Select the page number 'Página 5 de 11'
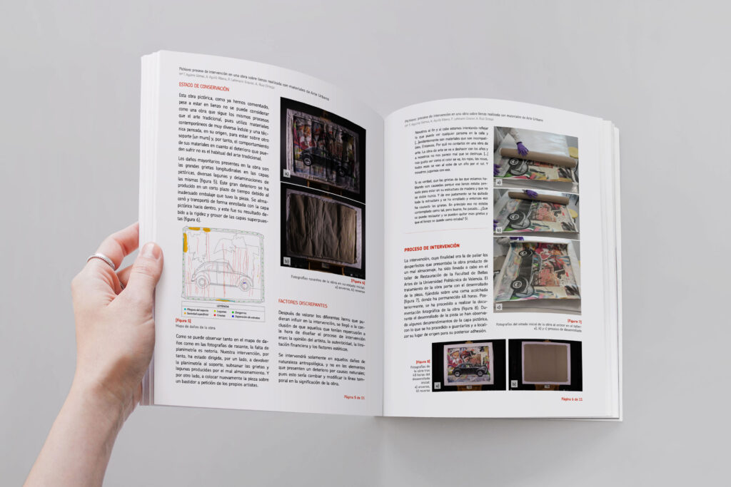point(354,397)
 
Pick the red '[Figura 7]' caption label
point(573,321)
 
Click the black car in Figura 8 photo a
point(468,369)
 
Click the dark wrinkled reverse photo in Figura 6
point(322,228)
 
